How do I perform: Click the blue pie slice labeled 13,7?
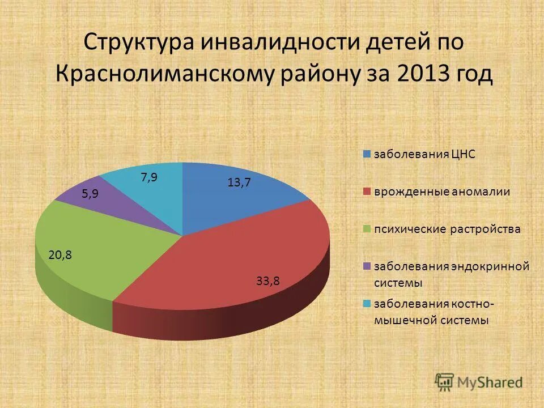238,198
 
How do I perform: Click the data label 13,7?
239,182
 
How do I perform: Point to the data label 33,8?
268,280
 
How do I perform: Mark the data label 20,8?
60,255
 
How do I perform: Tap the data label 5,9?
90,194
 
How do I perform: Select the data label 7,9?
149,177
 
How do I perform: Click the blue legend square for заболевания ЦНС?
367,154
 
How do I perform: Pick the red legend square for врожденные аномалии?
367,192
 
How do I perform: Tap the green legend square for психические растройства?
367,229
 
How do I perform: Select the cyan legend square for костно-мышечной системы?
367,304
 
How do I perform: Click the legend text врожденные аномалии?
442,192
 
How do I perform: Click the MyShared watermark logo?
479,382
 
